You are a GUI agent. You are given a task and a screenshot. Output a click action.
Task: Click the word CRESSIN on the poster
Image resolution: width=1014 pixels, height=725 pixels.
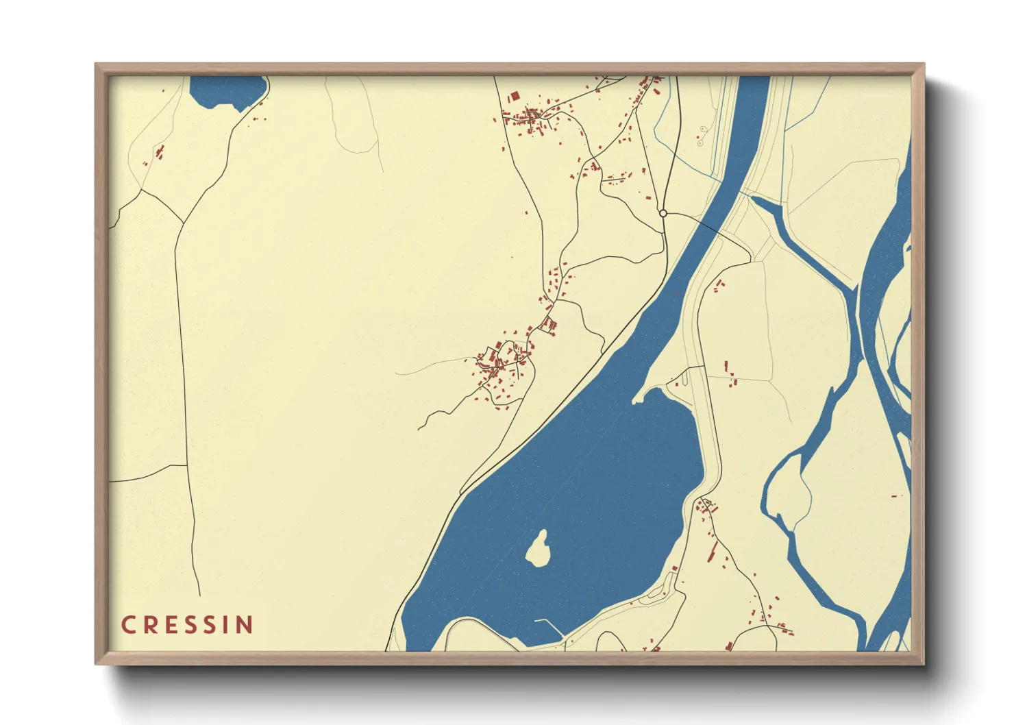click(x=187, y=625)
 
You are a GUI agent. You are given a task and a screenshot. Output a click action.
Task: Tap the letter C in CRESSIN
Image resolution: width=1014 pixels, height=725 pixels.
click(x=128, y=625)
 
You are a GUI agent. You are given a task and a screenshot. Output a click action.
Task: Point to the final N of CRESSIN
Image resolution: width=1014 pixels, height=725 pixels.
click(x=245, y=625)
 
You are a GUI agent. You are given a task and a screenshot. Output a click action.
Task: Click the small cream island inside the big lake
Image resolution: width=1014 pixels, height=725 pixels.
click(x=540, y=548)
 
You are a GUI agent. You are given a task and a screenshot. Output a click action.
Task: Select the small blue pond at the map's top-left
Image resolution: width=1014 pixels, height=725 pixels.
click(x=226, y=90)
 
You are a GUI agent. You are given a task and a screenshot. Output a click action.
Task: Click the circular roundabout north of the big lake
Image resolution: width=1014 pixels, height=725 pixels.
click(x=663, y=214)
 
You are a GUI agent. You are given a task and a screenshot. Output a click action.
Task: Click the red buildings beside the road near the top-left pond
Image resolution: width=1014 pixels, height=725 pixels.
click(x=159, y=152)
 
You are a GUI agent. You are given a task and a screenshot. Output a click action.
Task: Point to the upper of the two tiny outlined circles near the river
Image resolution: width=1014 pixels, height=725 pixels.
click(x=703, y=129)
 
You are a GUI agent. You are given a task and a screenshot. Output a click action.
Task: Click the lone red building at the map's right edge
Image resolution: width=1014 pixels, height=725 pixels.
click(x=893, y=495)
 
